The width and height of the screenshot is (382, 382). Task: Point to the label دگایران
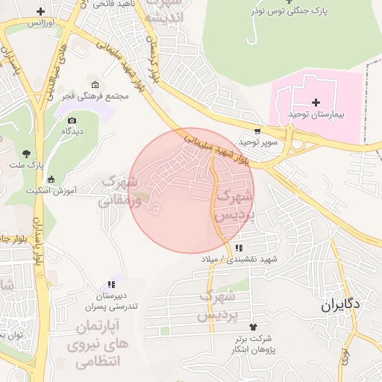click(341, 304)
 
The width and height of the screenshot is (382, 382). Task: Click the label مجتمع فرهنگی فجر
click(98, 96)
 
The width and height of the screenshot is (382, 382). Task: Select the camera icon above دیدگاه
click(72, 120)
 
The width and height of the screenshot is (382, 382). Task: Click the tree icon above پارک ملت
click(27, 153)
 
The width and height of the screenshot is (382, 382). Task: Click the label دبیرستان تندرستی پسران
click(110, 301)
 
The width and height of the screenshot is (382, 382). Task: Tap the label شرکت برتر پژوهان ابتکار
click(251, 345)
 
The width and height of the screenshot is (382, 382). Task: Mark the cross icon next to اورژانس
click(40, 12)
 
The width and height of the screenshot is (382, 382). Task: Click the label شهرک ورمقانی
click(118, 191)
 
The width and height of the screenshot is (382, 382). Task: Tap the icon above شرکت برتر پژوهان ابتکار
click(252, 327)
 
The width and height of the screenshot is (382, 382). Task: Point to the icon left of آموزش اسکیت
click(51, 179)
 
